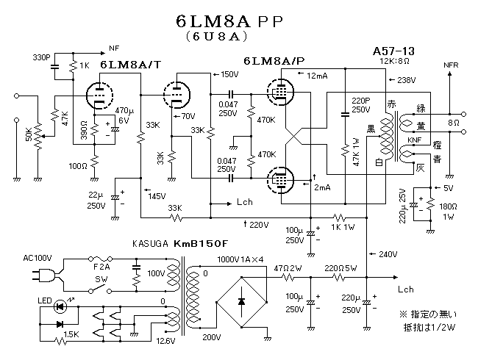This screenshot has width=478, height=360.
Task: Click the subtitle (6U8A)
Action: tap(221, 35)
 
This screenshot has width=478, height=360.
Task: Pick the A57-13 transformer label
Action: tap(394, 51)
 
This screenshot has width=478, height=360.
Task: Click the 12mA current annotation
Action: tap(318, 76)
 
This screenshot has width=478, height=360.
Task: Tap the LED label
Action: tap(44, 300)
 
